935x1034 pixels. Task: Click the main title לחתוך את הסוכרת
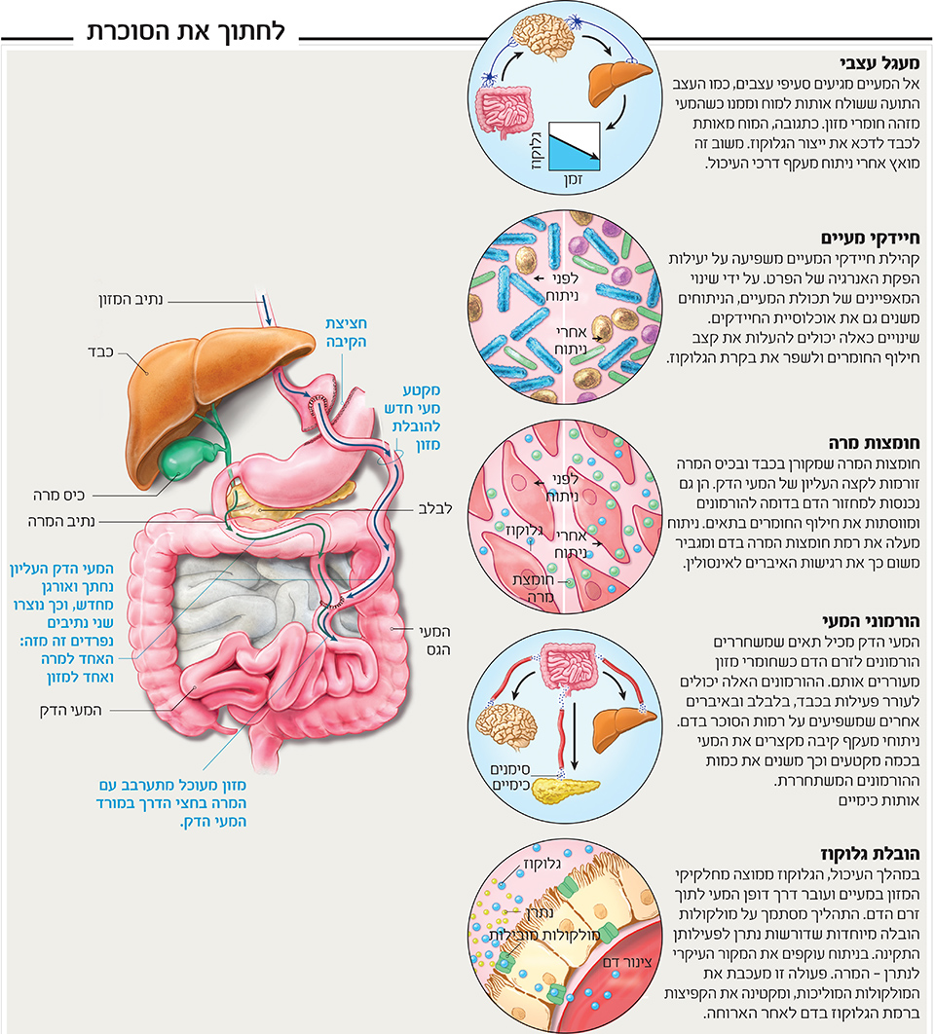(x=186, y=30)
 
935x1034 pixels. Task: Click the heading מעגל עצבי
(x=888, y=60)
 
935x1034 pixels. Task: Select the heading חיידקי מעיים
(x=880, y=237)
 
